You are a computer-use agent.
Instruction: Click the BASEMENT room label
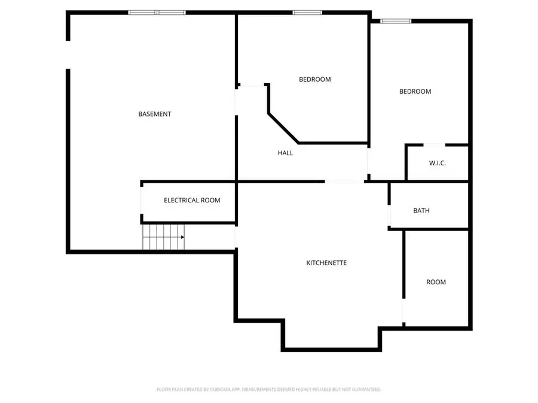point(155,114)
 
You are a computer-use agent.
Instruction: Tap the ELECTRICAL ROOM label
point(192,200)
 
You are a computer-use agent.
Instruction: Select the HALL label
point(286,153)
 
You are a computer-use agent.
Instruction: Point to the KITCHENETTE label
point(326,263)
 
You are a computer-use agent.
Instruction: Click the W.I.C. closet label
point(438,163)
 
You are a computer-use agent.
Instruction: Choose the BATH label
point(421,211)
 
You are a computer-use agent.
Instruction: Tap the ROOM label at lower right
point(436,282)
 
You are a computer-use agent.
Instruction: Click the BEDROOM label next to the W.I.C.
point(415,91)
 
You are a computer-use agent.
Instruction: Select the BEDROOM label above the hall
point(314,79)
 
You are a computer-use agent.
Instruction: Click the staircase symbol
point(163,237)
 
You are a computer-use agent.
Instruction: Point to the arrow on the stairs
point(181,237)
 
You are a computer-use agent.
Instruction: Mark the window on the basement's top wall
point(157,12)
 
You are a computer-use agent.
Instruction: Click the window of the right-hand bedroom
point(396,21)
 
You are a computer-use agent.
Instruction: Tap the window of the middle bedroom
point(307,12)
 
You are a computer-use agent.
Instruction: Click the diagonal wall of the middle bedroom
point(283,127)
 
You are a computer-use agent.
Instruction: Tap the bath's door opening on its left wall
point(389,214)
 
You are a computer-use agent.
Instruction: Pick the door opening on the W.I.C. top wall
point(434,144)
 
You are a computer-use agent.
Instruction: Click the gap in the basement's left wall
point(68,55)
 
